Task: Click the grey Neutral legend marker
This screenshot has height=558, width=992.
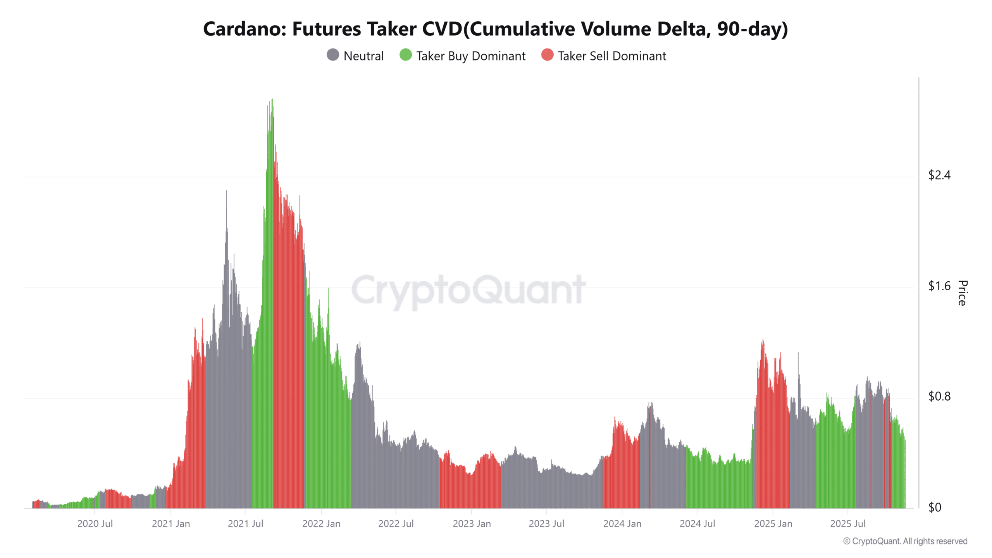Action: pyautogui.click(x=332, y=55)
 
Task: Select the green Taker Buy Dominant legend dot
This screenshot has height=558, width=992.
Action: pyautogui.click(x=405, y=55)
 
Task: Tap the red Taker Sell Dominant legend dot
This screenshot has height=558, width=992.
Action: pyautogui.click(x=547, y=55)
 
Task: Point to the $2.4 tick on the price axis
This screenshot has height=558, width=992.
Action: pyautogui.click(x=939, y=175)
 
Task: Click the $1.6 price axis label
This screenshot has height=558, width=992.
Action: pyautogui.click(x=939, y=286)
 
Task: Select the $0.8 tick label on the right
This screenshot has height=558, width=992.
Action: pyautogui.click(x=939, y=396)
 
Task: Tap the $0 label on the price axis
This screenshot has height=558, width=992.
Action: pyautogui.click(x=935, y=507)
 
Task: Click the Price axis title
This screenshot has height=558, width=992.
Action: pyautogui.click(x=962, y=293)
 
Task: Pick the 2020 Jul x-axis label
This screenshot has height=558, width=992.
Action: pyautogui.click(x=95, y=524)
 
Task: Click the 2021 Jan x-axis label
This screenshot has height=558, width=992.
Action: pyautogui.click(x=171, y=524)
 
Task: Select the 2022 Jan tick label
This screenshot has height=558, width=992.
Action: pyautogui.click(x=321, y=524)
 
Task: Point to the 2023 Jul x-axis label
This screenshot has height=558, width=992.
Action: pyautogui.click(x=546, y=524)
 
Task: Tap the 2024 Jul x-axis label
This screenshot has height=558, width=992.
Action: pyautogui.click(x=697, y=524)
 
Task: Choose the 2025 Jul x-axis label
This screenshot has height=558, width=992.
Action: pyautogui.click(x=847, y=524)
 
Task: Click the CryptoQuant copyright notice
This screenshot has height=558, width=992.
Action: pyautogui.click(x=905, y=541)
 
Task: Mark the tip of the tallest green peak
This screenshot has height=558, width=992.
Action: pyautogui.click(x=272, y=100)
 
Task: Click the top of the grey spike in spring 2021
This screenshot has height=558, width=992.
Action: pyautogui.click(x=227, y=191)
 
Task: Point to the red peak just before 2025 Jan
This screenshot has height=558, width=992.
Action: pyautogui.click(x=763, y=340)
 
